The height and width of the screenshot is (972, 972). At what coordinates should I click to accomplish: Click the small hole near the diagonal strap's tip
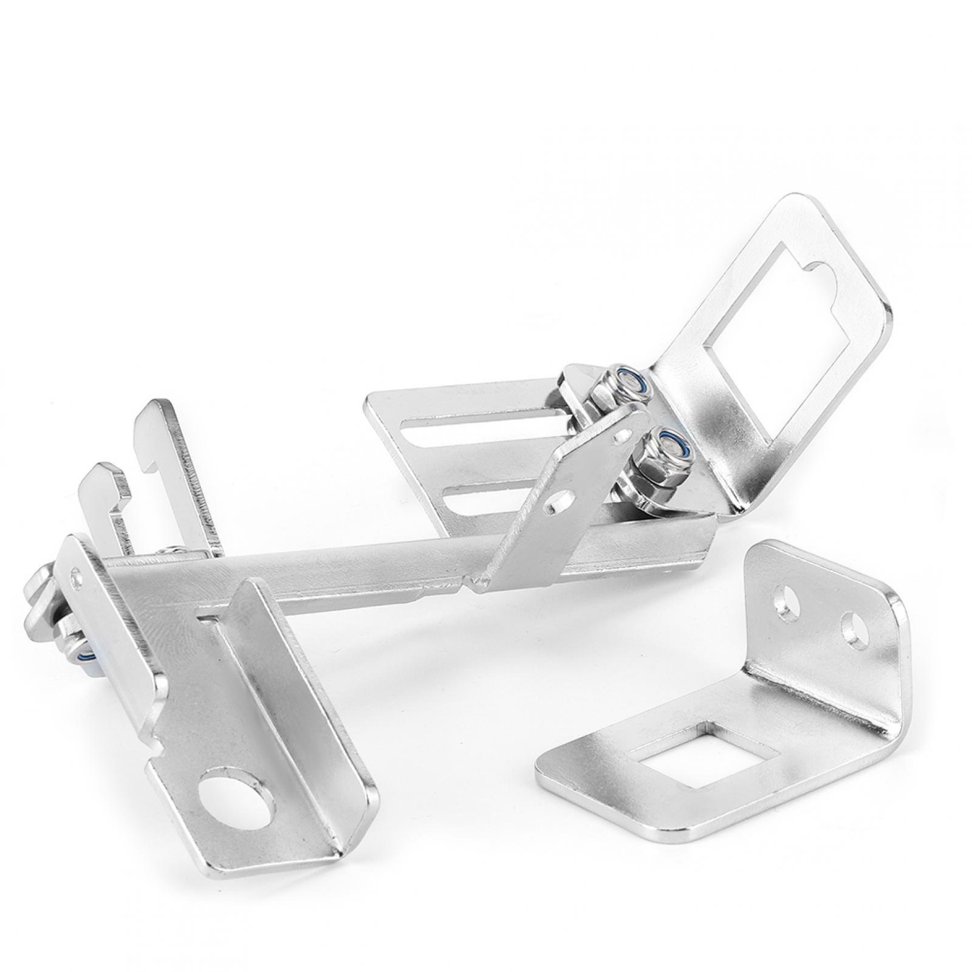[x=619, y=435]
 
